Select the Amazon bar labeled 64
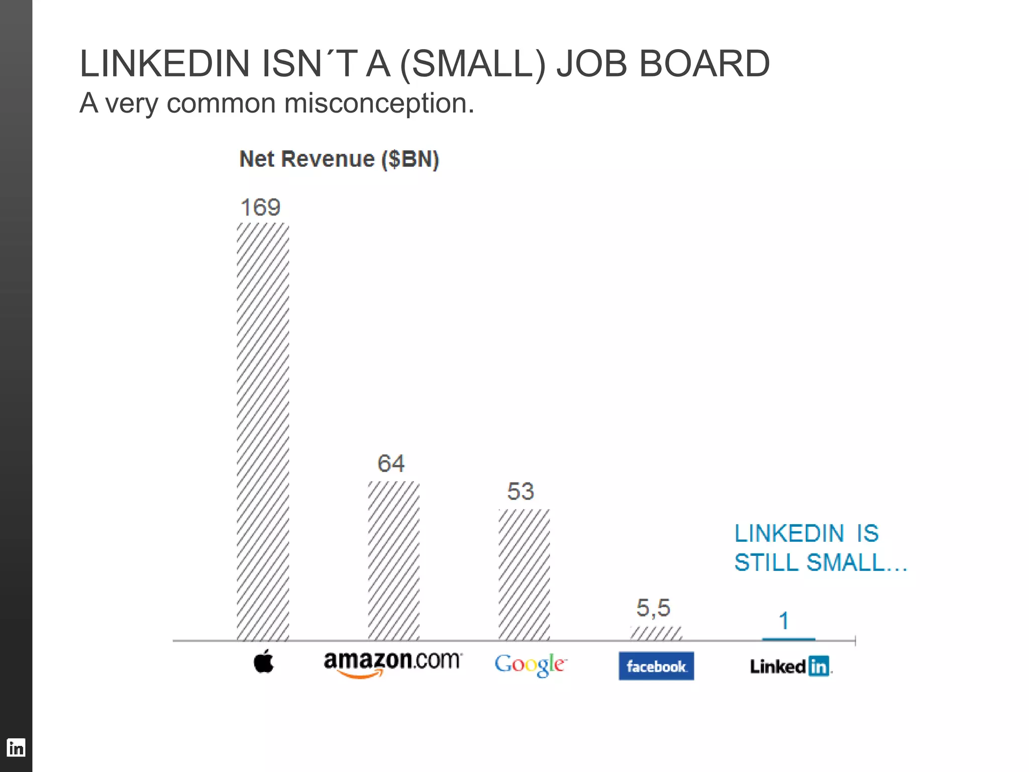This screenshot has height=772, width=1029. [x=393, y=560]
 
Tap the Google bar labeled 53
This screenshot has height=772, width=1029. [x=524, y=574]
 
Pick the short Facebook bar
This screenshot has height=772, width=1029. [x=656, y=633]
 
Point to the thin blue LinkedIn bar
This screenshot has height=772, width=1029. [x=788, y=639]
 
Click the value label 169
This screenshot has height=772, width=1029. [x=260, y=208]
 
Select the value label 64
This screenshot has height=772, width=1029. [x=391, y=463]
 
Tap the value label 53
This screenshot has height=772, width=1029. [x=521, y=491]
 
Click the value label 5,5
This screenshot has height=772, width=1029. [x=653, y=608]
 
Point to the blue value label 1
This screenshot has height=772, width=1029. [x=784, y=621]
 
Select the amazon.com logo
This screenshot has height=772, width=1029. [x=392, y=663]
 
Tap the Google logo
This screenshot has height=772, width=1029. [x=531, y=664]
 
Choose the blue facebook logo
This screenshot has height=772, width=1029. [x=656, y=666]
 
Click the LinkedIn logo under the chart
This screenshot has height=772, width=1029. [x=790, y=666]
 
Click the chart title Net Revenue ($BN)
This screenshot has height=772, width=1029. [x=339, y=159]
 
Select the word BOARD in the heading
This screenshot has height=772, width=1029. [x=704, y=64]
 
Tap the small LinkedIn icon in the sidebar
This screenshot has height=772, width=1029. [x=16, y=748]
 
